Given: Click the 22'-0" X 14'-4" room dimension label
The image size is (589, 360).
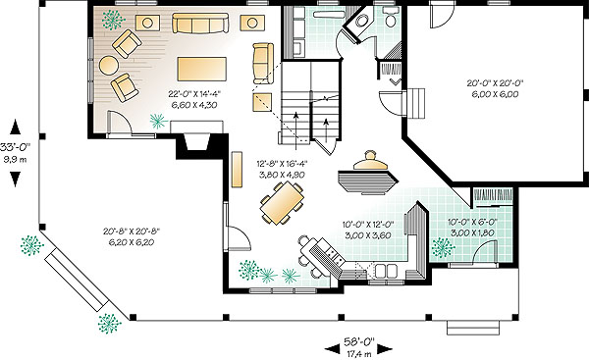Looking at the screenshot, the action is tap(194, 93).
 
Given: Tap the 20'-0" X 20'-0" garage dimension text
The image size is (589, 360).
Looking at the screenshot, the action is tap(495, 83).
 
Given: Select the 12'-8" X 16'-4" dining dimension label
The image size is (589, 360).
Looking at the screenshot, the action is tap(282, 164).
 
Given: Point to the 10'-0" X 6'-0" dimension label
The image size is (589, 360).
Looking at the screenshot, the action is tap(472, 222).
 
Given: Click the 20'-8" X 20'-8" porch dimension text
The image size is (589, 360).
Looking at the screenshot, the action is tap(132, 231).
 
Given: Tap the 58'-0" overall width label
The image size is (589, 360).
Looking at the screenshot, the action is tap(359, 341).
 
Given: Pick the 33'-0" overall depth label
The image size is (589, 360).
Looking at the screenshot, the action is tap(15, 146).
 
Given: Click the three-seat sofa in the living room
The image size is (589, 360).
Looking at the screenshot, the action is tap(200, 24).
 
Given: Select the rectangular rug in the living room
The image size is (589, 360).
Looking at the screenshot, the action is tap(201, 69).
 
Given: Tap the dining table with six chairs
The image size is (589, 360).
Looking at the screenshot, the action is tap(282, 203).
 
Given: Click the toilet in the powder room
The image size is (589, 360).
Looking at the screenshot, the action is tap(391, 18).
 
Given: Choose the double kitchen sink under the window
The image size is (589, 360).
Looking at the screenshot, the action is tap(387, 271).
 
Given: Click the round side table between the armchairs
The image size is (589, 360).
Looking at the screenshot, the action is tap(109, 65).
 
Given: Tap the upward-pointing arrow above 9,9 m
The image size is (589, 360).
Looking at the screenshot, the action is tap(15, 127).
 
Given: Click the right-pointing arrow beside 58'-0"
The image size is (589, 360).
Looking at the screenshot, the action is tap(385, 349).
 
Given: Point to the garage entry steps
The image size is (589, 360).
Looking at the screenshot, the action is tap(415, 103).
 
